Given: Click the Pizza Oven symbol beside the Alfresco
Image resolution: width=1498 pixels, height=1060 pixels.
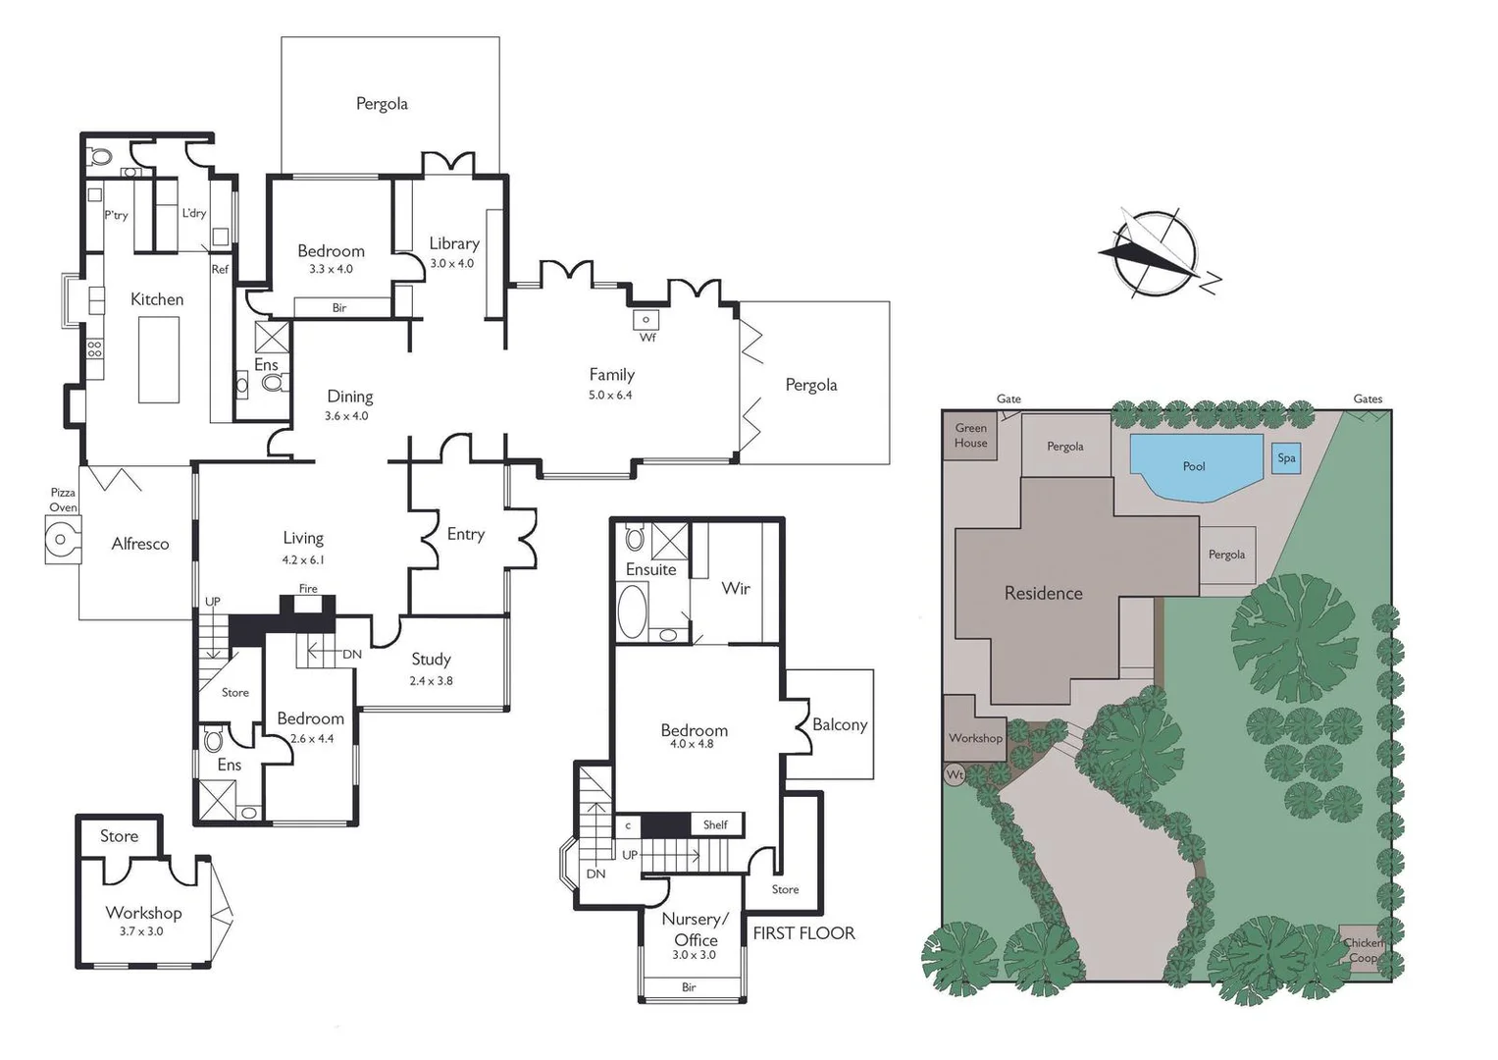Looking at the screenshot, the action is [63, 540].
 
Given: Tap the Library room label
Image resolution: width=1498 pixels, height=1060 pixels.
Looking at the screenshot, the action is [454, 243].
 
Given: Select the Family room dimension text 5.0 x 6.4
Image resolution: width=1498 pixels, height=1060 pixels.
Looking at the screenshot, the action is [610, 395].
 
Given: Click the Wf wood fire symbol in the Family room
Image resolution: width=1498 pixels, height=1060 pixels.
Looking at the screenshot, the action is [646, 320].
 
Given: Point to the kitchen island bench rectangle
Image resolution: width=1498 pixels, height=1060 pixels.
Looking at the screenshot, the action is [159, 359].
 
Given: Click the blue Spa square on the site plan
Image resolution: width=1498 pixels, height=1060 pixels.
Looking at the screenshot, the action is [1286, 458].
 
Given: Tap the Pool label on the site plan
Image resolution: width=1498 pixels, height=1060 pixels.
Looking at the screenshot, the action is [1194, 466].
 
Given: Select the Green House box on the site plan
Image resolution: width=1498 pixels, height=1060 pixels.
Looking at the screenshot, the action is [970, 436].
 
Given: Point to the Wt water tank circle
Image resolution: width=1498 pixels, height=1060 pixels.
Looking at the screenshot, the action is [955, 775].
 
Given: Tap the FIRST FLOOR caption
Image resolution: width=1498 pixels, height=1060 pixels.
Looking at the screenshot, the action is [803, 933].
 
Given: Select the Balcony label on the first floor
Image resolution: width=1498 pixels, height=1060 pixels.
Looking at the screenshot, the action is [840, 724].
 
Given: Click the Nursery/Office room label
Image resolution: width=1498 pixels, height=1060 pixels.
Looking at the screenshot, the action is [695, 928].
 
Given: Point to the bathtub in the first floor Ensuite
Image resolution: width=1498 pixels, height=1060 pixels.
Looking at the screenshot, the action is [632, 609].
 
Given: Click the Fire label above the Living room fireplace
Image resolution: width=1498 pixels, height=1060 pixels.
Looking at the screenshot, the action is [308, 589].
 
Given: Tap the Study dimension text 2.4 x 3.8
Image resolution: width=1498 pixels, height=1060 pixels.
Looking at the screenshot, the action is [431, 681].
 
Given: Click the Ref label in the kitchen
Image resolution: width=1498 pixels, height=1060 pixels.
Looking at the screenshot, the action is [220, 269].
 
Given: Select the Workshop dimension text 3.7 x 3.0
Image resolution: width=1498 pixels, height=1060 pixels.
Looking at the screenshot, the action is [141, 930].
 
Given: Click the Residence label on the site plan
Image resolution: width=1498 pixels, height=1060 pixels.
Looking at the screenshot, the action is [1043, 593].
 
